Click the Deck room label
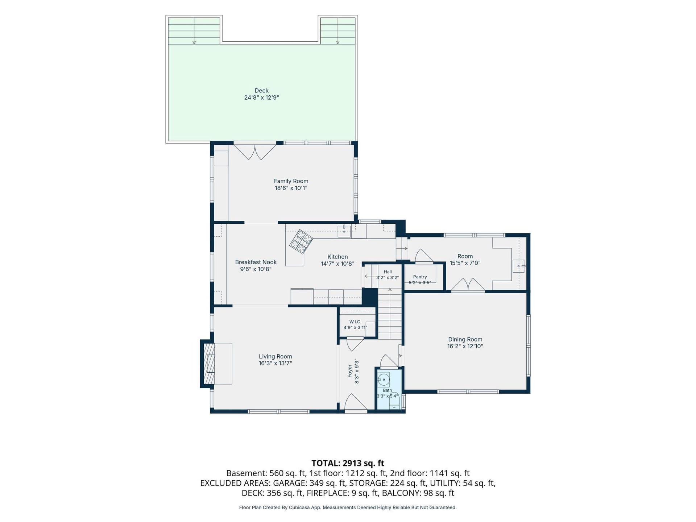tap(261, 91)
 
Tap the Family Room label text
tap(291, 181)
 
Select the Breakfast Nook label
tap(256, 262)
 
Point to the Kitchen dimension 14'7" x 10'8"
tap(337, 264)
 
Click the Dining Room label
tap(465, 339)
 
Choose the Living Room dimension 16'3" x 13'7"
tap(275, 363)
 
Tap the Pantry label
tap(420, 277)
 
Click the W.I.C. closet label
tap(355, 322)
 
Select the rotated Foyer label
tap(350, 371)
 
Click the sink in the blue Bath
tap(384, 380)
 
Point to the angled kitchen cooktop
tap(301, 241)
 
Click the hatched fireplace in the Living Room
tap(209, 364)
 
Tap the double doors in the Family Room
tap(255, 152)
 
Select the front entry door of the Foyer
tap(356, 403)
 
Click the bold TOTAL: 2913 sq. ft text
tap(348, 463)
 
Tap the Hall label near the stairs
tap(388, 272)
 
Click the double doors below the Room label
tap(468, 285)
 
